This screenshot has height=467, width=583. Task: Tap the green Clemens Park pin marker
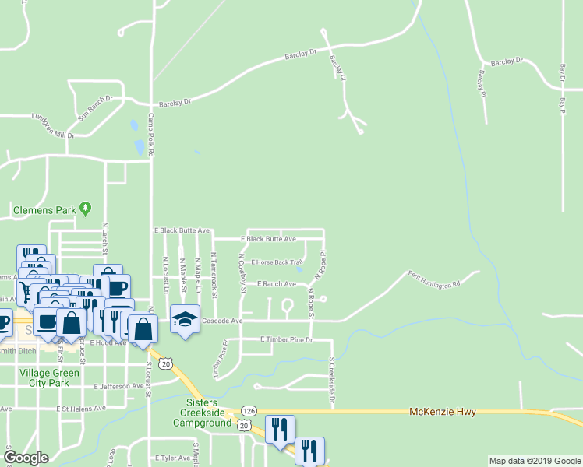[87, 208]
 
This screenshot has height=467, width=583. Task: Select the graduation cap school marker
[185, 321]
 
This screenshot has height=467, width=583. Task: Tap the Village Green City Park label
[48, 377]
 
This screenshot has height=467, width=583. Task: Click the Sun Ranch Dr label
[95, 108]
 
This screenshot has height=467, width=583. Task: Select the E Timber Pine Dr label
[286, 340]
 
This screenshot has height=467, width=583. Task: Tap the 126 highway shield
[249, 410]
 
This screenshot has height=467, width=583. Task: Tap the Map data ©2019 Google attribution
[534, 461]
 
